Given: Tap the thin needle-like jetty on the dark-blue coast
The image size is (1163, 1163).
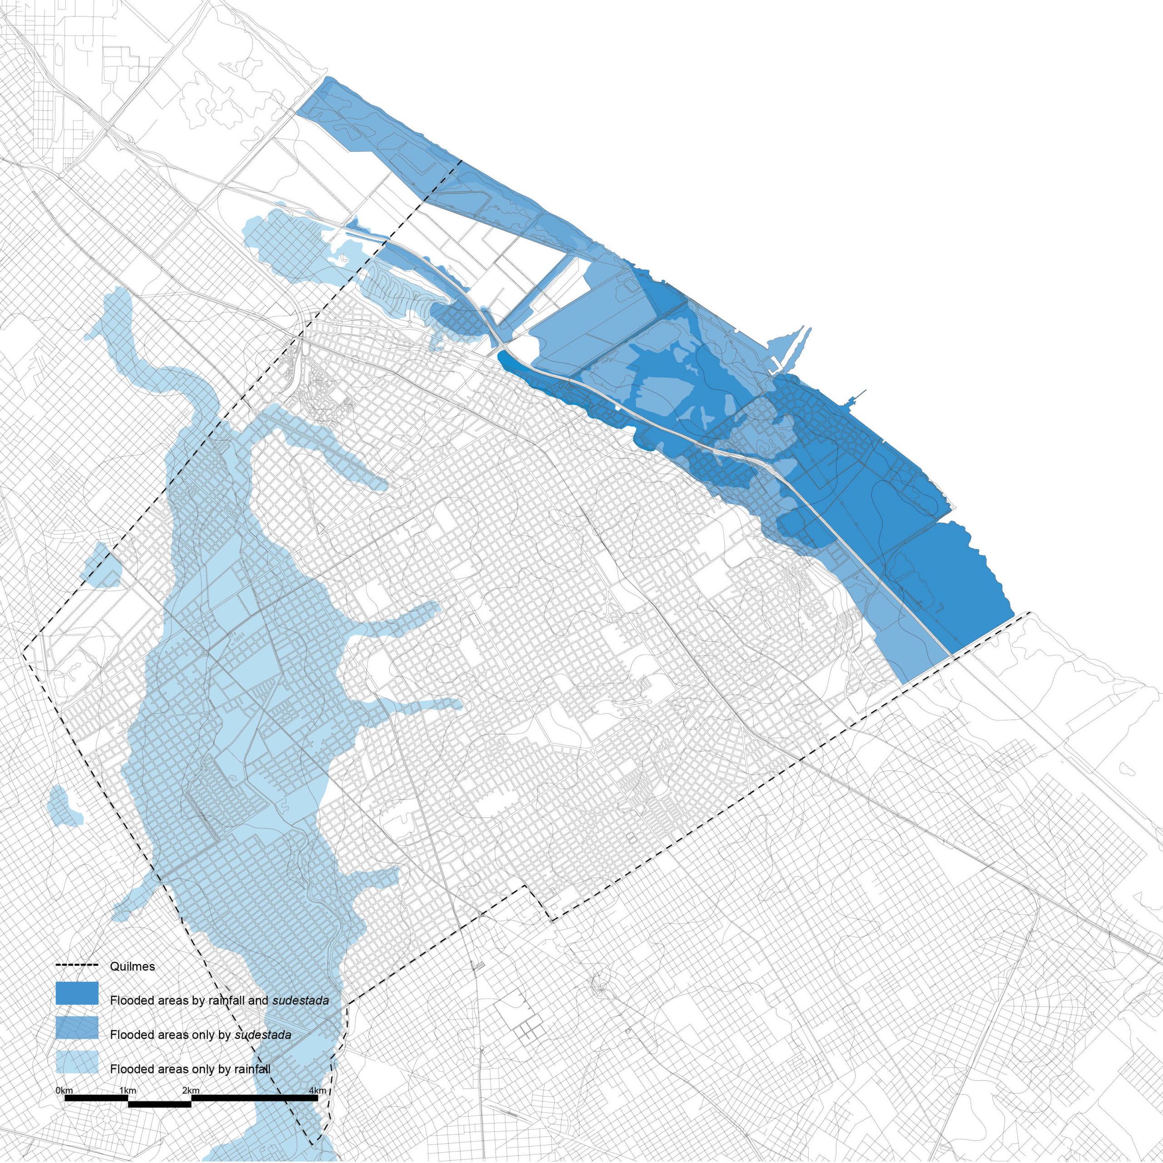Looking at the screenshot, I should tap(855, 396).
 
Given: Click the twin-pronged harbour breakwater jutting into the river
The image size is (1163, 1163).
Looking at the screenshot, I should tap(791, 349).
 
